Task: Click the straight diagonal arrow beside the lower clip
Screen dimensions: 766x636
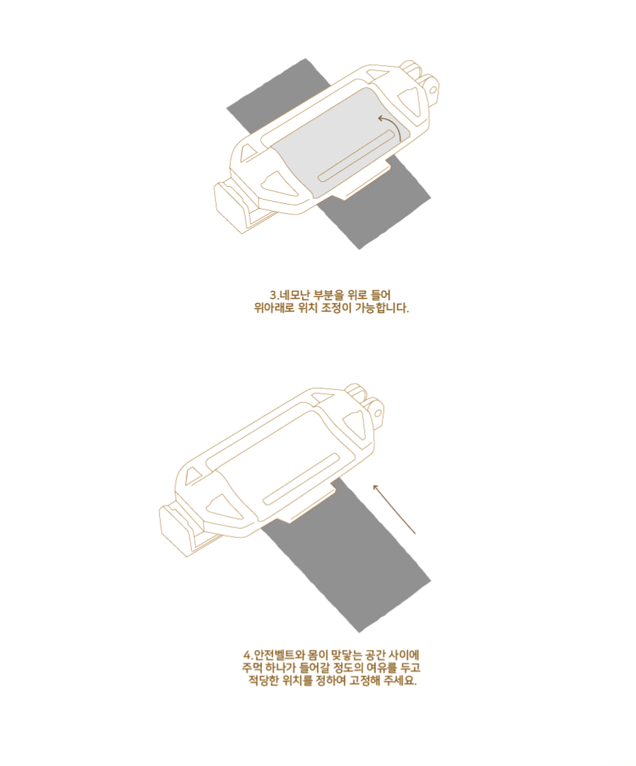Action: coord(394,508)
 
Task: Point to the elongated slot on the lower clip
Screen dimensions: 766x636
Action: coord(305,481)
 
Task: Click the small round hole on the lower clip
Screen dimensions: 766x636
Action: coord(377,410)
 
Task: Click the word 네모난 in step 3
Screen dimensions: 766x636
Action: coord(294,295)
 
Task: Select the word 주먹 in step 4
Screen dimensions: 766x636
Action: coord(252,668)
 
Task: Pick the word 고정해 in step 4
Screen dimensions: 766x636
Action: coord(365,682)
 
